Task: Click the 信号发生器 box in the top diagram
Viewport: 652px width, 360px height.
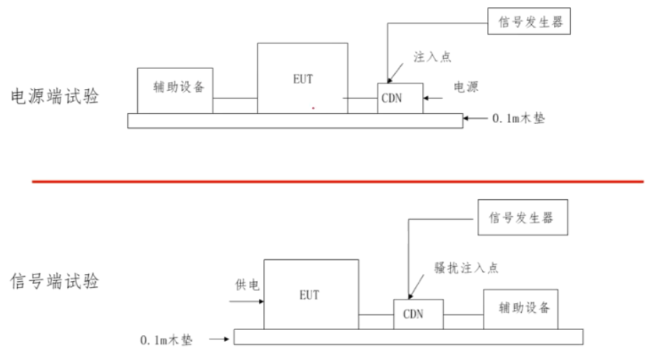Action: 530,21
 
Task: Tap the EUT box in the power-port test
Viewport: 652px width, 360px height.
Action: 303,78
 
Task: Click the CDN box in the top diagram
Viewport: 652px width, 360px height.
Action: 400,97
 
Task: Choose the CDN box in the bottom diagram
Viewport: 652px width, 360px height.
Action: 418,314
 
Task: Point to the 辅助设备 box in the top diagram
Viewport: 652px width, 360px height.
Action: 175,90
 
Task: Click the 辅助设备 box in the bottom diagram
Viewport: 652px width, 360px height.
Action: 525,309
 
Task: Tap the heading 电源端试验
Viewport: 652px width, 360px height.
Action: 55,97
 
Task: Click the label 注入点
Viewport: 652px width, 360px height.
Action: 432,57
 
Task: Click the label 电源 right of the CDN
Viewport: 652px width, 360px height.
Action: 466,88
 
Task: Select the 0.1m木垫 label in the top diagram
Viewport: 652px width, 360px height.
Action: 518,119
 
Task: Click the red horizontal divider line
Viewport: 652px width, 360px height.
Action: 338,181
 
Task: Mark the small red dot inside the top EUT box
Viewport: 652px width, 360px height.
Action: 313,108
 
